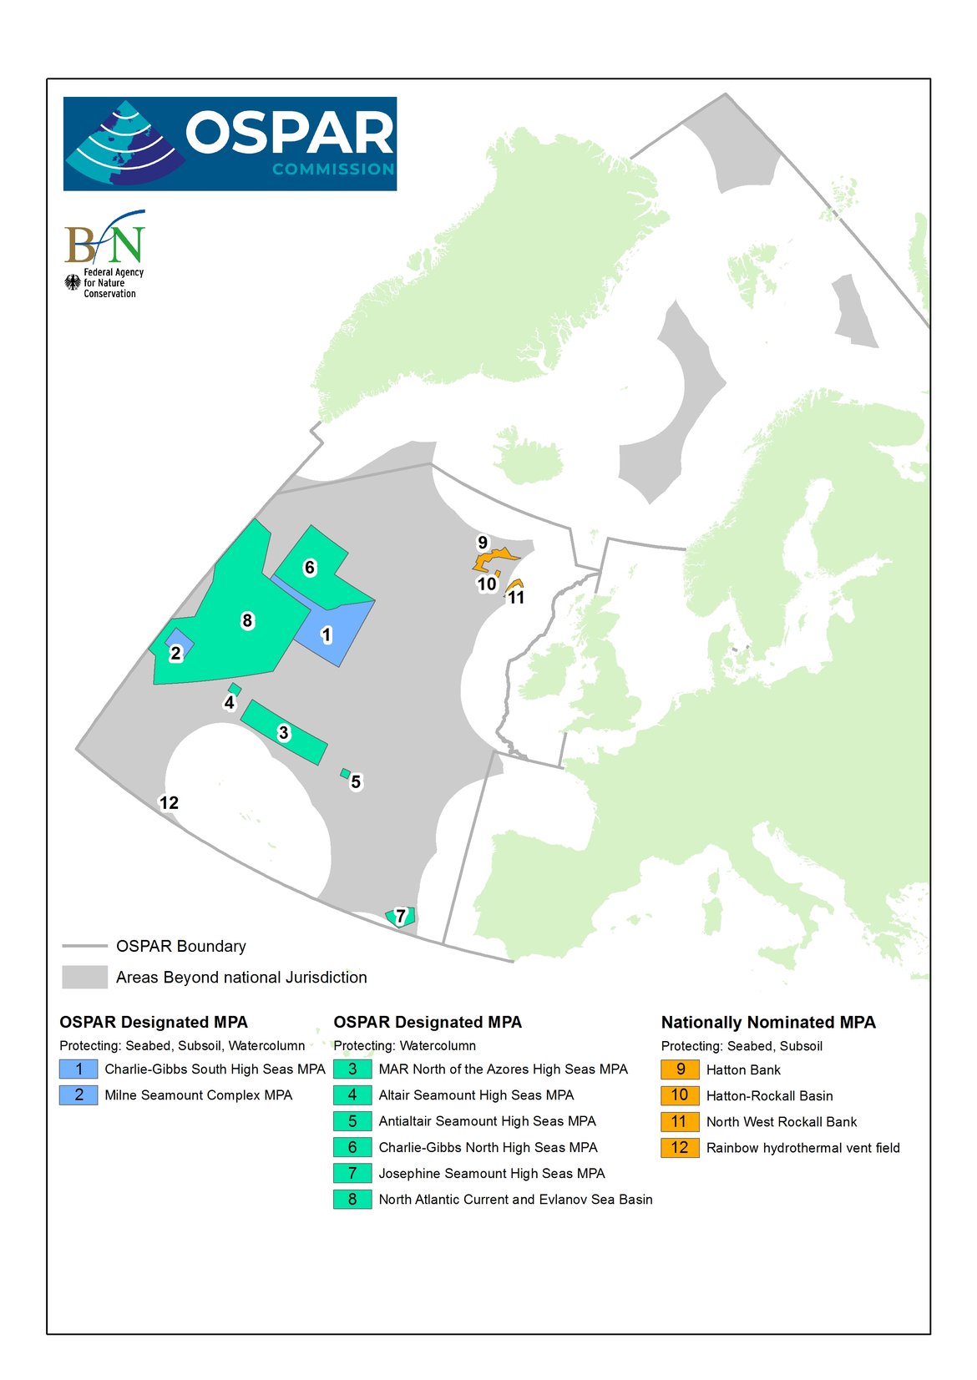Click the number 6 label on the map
tap(310, 568)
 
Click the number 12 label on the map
tap(169, 803)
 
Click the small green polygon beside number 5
tap(345, 773)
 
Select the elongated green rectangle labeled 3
tap(284, 733)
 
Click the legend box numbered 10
tap(680, 1095)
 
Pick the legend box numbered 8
tap(352, 1199)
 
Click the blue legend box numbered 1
tap(78, 1069)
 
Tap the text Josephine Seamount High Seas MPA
tap(491, 1173)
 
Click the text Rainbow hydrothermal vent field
tap(802, 1148)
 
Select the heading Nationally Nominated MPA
tap(767, 1023)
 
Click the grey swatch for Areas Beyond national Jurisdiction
tap(84, 977)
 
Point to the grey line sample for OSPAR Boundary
tap(84, 946)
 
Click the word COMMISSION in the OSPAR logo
tap(332, 169)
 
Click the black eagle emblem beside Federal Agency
tap(73, 283)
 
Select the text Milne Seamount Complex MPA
tap(198, 1095)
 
